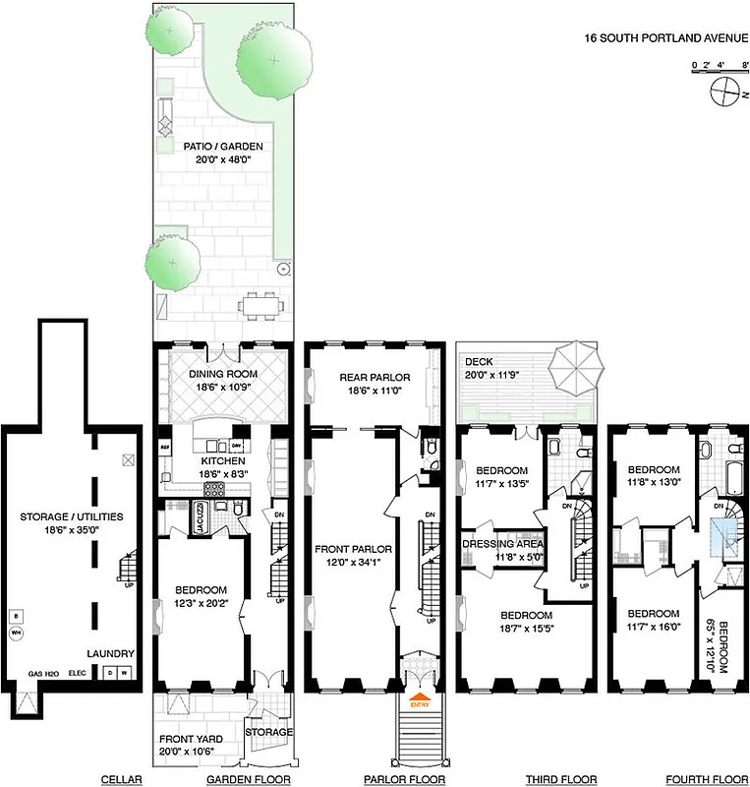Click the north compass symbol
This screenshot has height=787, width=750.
point(724,92)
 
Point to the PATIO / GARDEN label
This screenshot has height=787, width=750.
point(223,147)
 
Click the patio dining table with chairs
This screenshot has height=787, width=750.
point(258,303)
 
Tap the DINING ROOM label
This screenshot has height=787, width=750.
point(223,374)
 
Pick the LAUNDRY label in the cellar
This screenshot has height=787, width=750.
point(109,654)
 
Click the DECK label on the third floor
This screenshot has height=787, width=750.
point(480,362)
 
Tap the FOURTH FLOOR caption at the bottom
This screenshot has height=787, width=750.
point(702,779)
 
